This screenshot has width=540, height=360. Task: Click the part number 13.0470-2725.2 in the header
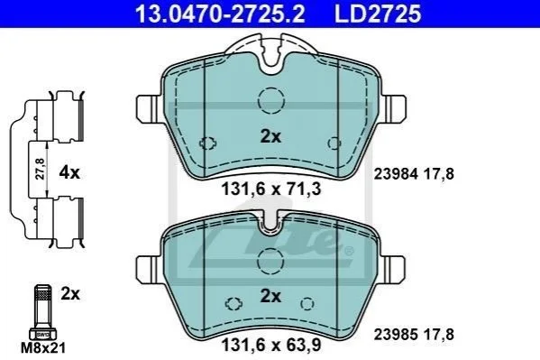pos(220,14)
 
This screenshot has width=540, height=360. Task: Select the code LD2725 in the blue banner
pos(378,14)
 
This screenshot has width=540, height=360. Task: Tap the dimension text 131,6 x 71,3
pos(271,189)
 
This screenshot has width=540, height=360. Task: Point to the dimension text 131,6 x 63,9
pos(271,345)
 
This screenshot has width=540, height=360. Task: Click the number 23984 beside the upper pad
pos(397,174)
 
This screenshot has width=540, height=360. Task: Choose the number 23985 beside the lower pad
pos(397,335)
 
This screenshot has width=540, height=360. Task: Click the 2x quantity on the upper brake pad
pos(270,137)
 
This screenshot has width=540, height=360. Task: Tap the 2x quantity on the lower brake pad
pos(270,296)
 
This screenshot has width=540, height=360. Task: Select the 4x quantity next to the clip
pos(69,172)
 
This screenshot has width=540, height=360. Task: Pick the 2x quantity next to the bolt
pos(70,294)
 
